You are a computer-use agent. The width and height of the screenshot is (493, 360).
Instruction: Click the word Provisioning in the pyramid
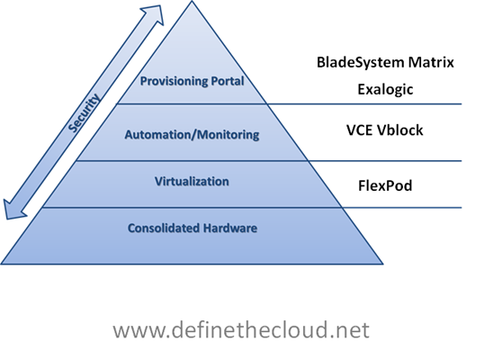pyautogui.click(x=174, y=81)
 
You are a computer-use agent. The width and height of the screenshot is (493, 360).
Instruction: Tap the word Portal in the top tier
pyautogui.click(x=228, y=81)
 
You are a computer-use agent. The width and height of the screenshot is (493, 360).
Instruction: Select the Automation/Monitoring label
pyautogui.click(x=192, y=135)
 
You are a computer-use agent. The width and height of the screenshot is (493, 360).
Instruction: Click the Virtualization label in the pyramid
pyautogui.click(x=192, y=182)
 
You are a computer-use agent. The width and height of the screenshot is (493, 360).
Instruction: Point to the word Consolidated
pyautogui.click(x=163, y=228)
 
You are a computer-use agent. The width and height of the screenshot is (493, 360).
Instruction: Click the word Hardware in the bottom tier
pyautogui.click(x=229, y=228)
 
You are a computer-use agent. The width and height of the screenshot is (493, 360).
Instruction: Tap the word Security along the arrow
pyautogui.click(x=84, y=112)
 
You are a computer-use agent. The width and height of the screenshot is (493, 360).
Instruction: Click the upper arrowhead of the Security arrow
pyautogui.click(x=155, y=14)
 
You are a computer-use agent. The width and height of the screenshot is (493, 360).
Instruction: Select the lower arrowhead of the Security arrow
pyautogui.click(x=13, y=210)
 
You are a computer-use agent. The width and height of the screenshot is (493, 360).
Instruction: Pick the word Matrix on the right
pyautogui.click(x=431, y=62)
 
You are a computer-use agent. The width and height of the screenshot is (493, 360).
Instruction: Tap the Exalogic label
pyautogui.click(x=385, y=89)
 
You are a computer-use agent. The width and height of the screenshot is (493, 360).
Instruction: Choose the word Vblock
pyautogui.click(x=399, y=130)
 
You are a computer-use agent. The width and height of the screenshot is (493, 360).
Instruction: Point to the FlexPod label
pyautogui.click(x=385, y=185)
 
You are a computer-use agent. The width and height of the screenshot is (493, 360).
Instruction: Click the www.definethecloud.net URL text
pyautogui.click(x=241, y=329)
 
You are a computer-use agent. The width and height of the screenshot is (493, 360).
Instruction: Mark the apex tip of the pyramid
pyautogui.click(x=192, y=1)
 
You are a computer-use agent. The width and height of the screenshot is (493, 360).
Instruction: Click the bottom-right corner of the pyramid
pyautogui.click(x=383, y=264)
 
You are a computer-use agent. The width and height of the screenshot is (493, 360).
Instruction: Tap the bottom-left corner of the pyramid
pyautogui.click(x=1, y=264)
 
